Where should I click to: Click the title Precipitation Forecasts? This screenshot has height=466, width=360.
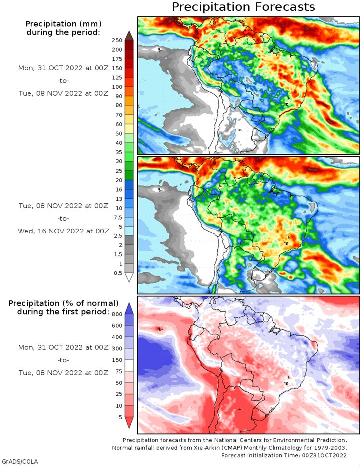point(243,7)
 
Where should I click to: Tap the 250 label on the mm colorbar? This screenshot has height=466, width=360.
point(117,40)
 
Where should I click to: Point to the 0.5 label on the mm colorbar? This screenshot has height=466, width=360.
point(118,273)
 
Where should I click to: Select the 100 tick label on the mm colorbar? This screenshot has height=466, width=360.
point(117,87)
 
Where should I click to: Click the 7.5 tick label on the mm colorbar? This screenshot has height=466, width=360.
point(118,217)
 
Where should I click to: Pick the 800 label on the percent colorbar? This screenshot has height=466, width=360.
point(117,314)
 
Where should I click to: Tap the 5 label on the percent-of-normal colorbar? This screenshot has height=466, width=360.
point(120,417)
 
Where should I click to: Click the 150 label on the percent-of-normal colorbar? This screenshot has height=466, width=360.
point(117,360)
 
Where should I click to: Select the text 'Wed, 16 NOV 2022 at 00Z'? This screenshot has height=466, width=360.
point(63,231)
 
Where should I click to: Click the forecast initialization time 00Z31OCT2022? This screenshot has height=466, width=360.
point(325,455)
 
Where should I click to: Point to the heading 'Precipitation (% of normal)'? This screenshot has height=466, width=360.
point(63,303)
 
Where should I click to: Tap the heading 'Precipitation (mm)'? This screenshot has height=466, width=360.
point(63,24)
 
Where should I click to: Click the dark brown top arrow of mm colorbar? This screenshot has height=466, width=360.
point(129,35)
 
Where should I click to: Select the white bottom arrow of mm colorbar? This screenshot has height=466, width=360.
point(129,277)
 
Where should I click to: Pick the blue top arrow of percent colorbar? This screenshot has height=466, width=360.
point(129,308)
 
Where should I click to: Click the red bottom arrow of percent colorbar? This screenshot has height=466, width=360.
point(129,422)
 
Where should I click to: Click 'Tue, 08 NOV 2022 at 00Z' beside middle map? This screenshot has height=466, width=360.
point(63,206)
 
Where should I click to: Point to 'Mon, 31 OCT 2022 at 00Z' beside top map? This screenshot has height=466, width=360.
point(63,68)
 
